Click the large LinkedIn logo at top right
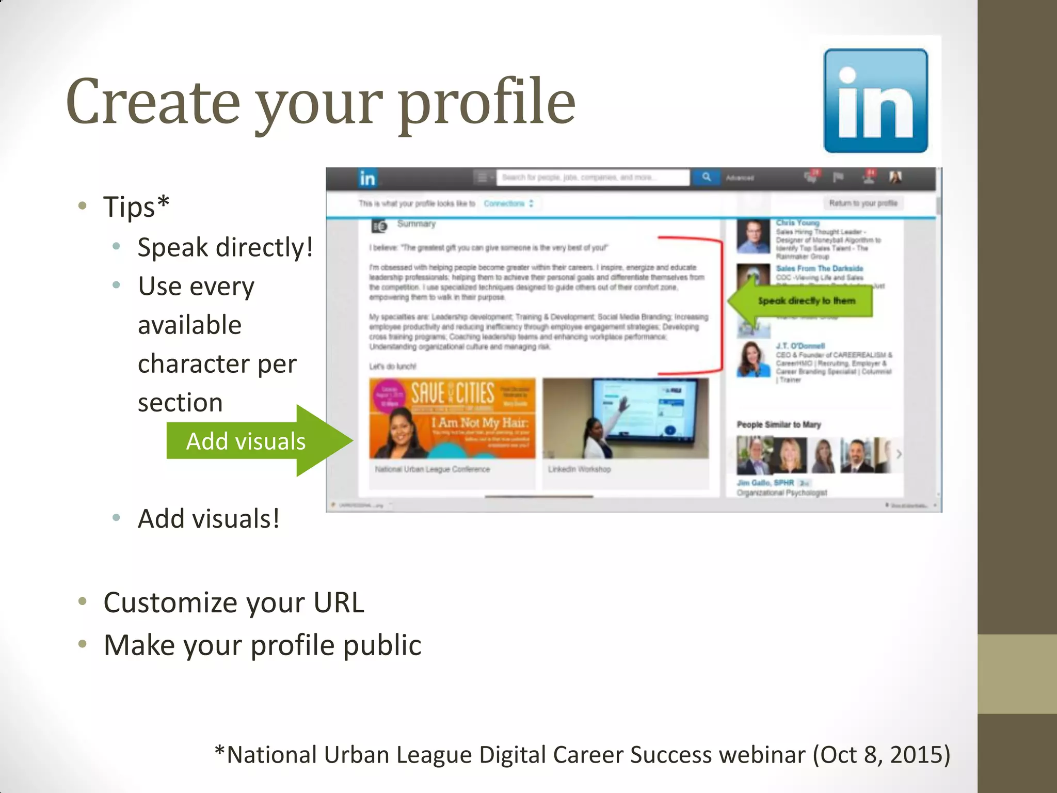[x=875, y=101]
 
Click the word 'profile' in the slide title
[x=487, y=102]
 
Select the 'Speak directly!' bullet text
[x=225, y=247]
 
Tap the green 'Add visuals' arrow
[x=258, y=441]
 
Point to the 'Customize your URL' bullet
[x=233, y=602]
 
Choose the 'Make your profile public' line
[x=262, y=645]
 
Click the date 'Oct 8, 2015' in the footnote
[x=880, y=755]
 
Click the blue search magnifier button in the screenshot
[x=706, y=177]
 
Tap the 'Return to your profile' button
[x=863, y=203]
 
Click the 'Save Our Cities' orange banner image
[x=452, y=418]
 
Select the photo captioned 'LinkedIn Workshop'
[x=626, y=418]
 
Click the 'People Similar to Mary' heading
[x=778, y=424]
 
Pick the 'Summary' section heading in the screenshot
[x=416, y=224]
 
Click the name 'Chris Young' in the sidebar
[x=797, y=223]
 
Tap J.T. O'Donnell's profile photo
[x=752, y=359]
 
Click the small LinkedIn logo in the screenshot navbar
[x=367, y=179]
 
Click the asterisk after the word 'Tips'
[x=163, y=202]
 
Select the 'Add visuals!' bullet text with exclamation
[x=209, y=519]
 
